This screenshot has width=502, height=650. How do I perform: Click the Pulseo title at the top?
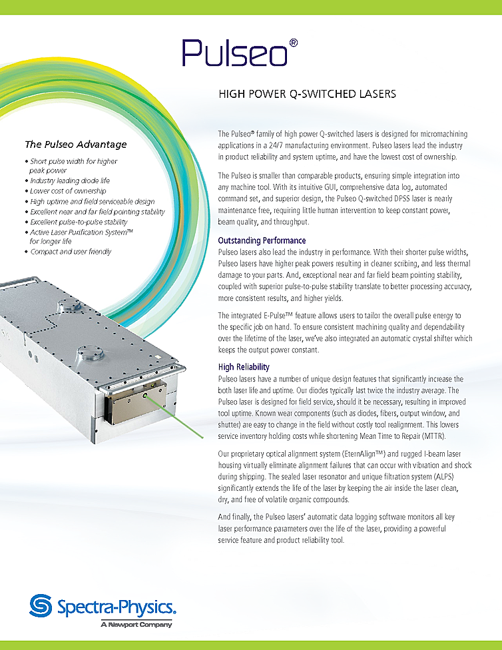point(234,53)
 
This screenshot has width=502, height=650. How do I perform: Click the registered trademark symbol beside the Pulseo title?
point(294,42)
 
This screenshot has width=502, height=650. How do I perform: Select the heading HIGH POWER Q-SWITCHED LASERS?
point(307,94)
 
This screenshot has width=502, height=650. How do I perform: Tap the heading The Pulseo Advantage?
point(75,144)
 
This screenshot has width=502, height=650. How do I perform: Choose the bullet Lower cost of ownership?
point(67,191)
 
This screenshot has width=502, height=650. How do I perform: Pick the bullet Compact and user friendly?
point(71,252)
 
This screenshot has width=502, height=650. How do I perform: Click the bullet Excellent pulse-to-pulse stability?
point(79,222)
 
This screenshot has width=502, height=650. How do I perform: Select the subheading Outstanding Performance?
point(262,240)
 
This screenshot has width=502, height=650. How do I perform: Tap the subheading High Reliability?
point(244,367)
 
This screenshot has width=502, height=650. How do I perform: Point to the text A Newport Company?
point(136,625)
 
